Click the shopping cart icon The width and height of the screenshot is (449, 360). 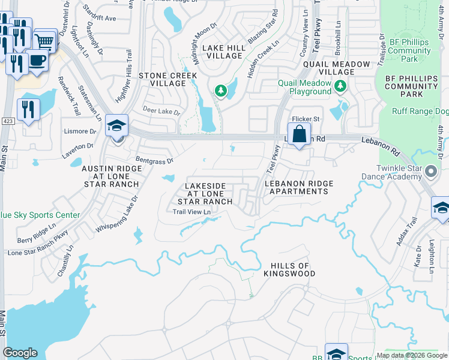click(x=45, y=41)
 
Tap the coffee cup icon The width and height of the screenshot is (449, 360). click(x=38, y=61)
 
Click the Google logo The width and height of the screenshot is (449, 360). click(x=20, y=353)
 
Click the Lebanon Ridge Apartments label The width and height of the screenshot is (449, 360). click(x=298, y=187)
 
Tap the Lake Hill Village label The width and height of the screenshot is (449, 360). click(x=221, y=52)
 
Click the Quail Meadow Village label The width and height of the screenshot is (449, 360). click(x=336, y=67)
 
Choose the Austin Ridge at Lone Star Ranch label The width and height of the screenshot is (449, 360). click(x=110, y=176)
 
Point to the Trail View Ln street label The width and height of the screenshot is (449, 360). click(x=191, y=212)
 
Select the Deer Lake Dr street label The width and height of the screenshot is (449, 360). click(x=161, y=111)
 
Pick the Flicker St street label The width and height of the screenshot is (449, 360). click(x=306, y=119)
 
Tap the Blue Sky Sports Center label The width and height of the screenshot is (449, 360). click(x=40, y=215)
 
